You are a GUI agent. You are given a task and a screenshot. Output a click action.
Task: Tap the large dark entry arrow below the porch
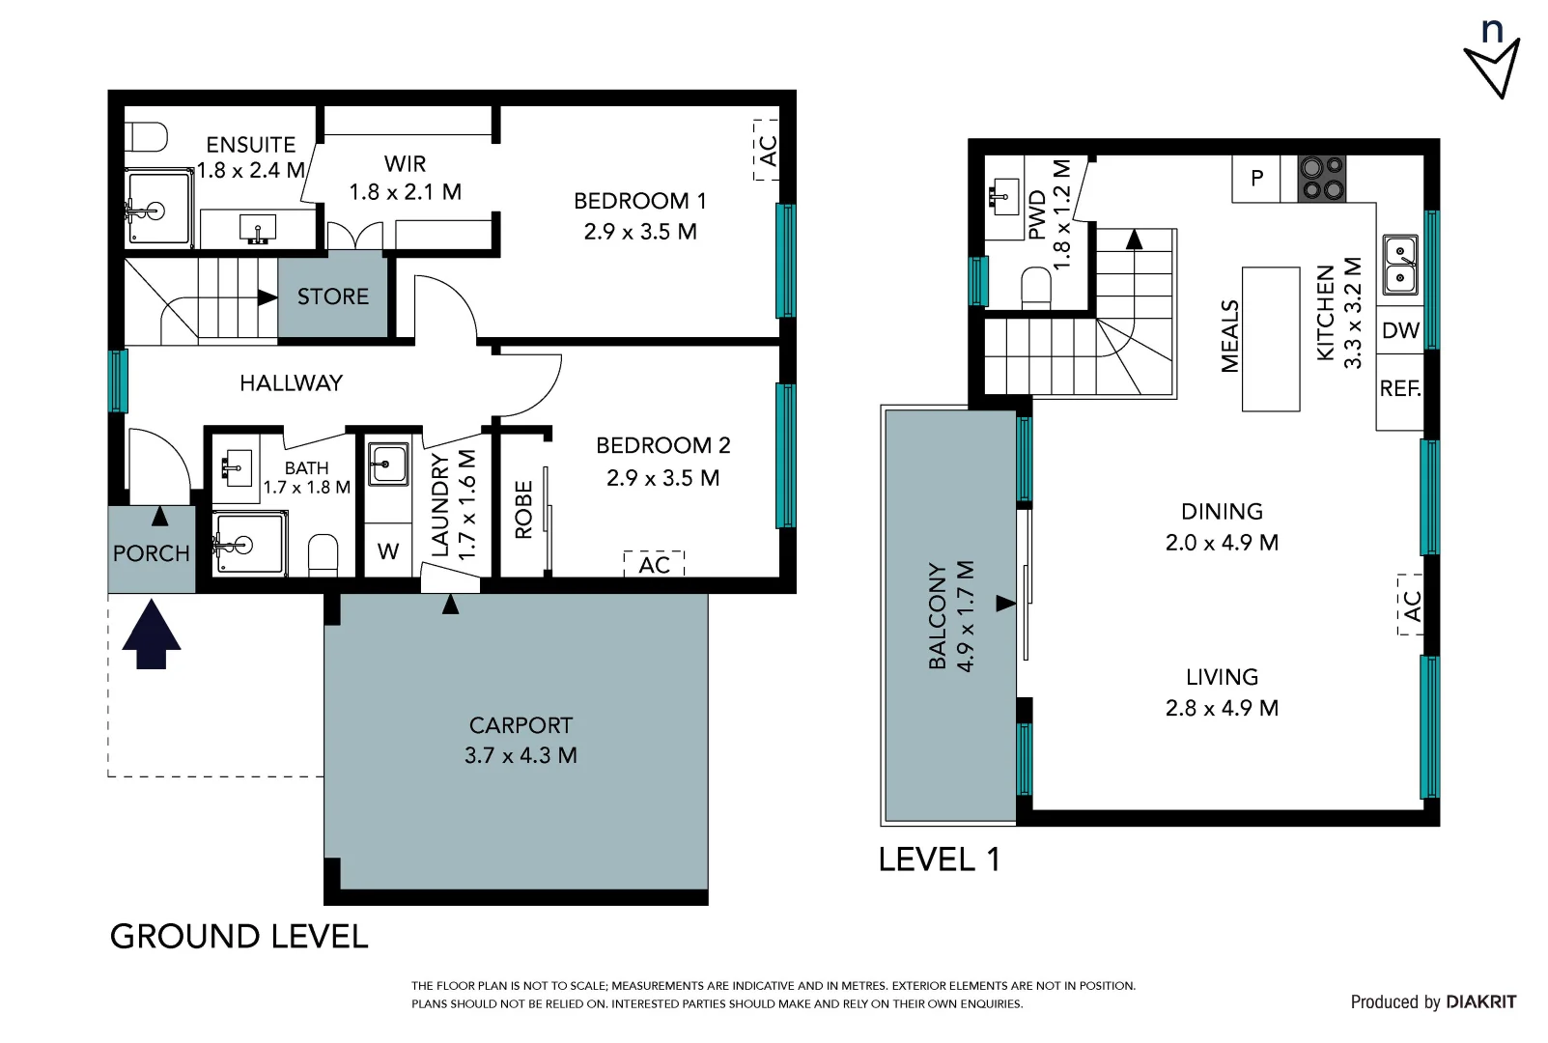pyautogui.click(x=152, y=634)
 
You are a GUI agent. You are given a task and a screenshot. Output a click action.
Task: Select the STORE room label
pyautogui.click(x=332, y=296)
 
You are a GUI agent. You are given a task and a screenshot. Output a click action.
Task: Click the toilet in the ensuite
pyautogui.click(x=147, y=137)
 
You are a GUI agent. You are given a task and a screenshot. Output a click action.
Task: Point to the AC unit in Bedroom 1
pyautogui.click(x=766, y=150)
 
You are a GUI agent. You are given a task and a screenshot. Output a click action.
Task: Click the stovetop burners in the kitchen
pyautogui.click(x=1321, y=179)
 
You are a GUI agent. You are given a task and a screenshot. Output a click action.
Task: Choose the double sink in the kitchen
pyautogui.click(x=1400, y=265)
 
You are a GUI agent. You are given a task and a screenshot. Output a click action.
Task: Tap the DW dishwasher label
pyautogui.click(x=1400, y=330)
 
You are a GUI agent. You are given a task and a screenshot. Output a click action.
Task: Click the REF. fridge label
pyautogui.click(x=1400, y=388)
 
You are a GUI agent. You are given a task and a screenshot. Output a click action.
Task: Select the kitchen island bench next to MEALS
pyautogui.click(x=1271, y=339)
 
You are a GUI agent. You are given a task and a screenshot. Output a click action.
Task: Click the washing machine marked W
pyautogui.click(x=387, y=550)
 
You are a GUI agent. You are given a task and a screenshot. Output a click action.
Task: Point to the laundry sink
pyautogui.click(x=388, y=464)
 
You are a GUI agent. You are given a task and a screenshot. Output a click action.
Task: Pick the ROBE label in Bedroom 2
pyautogui.click(x=523, y=509)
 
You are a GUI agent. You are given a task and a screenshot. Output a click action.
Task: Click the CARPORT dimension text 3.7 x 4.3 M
pyautogui.click(x=521, y=755)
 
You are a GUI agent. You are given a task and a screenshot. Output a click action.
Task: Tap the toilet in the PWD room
pyautogui.click(x=1036, y=288)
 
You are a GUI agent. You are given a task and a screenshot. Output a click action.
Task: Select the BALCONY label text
pyautogui.click(x=937, y=616)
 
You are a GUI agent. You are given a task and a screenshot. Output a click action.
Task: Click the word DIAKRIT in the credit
pyautogui.click(x=1481, y=1002)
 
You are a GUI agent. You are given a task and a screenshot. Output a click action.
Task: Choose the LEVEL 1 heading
pyautogui.click(x=940, y=860)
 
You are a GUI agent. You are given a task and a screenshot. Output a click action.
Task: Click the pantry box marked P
pyautogui.click(x=1256, y=179)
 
